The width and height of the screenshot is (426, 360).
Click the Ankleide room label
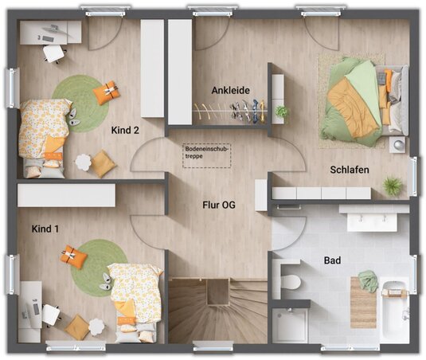click(230, 91)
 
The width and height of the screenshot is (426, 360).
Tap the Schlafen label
click(350, 170)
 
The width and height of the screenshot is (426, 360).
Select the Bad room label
click(332, 260)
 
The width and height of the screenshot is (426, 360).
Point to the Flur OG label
click(219, 205)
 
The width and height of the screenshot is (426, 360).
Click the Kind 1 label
click(45, 229)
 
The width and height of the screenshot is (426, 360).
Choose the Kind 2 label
click(125, 130)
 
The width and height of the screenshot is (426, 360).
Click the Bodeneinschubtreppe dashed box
click(207, 155)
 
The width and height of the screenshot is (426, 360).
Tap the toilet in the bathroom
click(291, 282)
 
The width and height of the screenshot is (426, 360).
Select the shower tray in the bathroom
click(290, 325)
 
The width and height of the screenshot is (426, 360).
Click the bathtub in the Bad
click(395, 312)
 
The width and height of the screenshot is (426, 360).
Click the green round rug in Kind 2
click(80, 104)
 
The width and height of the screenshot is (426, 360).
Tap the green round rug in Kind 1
click(100, 268)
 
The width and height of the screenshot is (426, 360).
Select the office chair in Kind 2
click(54, 53)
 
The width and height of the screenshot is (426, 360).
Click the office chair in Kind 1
click(51, 315)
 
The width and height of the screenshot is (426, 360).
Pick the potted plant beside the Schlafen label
click(393, 186)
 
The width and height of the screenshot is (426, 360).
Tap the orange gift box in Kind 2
click(106, 92)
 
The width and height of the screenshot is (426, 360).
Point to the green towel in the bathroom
click(368, 281)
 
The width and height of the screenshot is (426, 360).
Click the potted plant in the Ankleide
click(281, 112)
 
